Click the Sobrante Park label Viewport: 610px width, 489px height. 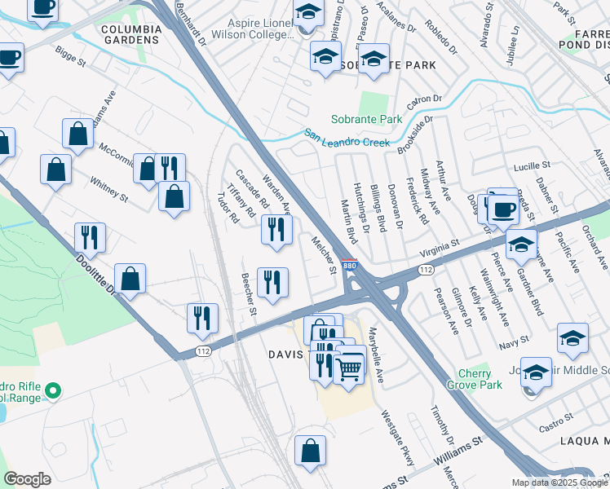pos(366,119)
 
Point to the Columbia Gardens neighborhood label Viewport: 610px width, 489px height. pos(130,33)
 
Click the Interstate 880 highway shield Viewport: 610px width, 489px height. pos(349,266)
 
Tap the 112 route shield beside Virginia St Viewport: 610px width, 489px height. pos(425,268)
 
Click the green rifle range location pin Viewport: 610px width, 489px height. pos(53,392)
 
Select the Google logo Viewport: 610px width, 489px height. pos(27,478)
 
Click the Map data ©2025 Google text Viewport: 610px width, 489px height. pos(559,482)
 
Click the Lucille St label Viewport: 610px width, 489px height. pos(533,166)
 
